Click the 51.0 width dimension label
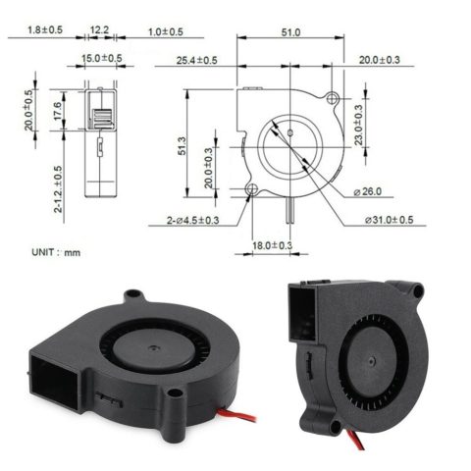click(x=290, y=32)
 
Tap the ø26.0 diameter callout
click(x=368, y=191)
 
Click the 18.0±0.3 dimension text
click(x=273, y=245)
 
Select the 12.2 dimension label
click(x=100, y=30)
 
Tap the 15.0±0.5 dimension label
click(x=102, y=59)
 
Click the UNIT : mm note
click(x=56, y=252)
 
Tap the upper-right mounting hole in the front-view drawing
click(x=333, y=100)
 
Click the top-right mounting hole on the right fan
click(x=417, y=291)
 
